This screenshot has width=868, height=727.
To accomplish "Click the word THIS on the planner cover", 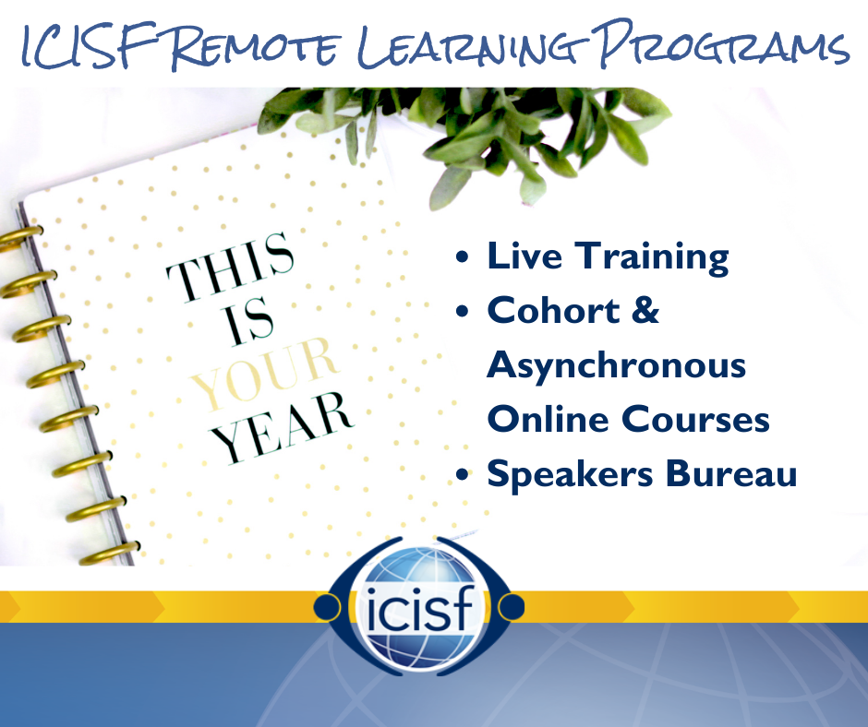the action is coord(231,268).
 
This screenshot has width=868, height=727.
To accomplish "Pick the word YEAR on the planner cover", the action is coord(283,428).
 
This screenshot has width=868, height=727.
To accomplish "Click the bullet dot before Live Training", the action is coord(462,257).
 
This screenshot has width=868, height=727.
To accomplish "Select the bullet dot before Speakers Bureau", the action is coord(462,475).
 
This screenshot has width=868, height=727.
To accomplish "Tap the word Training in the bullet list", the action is coord(652,257).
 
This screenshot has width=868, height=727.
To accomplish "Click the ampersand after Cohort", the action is coord(645,310).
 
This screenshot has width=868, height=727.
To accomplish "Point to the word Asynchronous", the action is coord(616,366).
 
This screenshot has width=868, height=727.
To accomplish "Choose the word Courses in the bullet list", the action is coord(696,419).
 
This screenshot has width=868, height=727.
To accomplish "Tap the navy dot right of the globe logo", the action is coord(512,607).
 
